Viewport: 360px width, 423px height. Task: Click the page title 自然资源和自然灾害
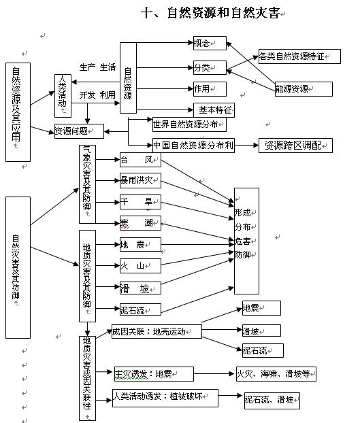223,13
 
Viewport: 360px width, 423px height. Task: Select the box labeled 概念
210,43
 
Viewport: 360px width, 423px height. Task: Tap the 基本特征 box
214,110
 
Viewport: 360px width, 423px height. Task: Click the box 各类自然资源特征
299,56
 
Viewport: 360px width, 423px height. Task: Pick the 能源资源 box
304,89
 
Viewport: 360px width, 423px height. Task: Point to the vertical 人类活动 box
63,96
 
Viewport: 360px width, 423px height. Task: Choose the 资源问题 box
79,131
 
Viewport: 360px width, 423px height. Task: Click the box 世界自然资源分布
189,124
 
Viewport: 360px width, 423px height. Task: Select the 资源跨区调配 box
295,146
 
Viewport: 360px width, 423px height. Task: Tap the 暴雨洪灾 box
140,180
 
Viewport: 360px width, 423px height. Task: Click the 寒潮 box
140,223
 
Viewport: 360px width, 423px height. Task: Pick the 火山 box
140,266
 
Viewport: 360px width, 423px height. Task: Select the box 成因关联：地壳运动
157,332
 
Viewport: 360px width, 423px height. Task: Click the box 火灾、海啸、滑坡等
276,374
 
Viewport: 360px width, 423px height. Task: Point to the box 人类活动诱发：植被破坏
165,398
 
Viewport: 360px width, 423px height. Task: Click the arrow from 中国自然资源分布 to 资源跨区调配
246,146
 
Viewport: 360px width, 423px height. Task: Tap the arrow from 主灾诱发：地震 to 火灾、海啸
214,374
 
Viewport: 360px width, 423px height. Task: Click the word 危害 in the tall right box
242,241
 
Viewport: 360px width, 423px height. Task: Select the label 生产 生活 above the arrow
97,67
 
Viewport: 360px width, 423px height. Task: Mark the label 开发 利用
97,95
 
